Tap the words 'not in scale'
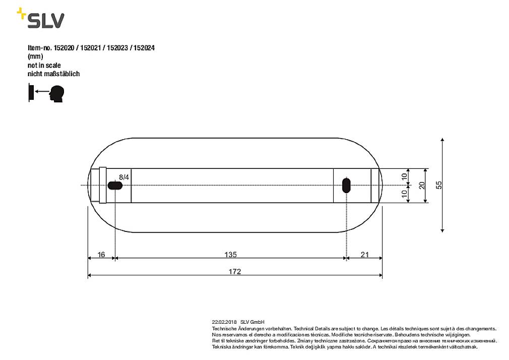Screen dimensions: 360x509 [x=44, y=65]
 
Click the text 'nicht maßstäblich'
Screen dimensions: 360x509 [x=53, y=74]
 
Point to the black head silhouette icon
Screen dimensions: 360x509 [x=57, y=94]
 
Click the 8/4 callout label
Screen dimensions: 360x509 [x=124, y=177]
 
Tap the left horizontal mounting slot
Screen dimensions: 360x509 [x=115, y=186]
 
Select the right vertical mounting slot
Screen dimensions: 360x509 [x=346, y=186]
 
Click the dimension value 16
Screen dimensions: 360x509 [x=101, y=255]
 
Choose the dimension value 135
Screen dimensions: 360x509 [x=230, y=255]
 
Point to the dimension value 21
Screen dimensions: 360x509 [x=364, y=255]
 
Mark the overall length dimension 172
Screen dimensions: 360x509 [x=234, y=271]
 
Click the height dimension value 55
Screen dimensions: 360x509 [x=438, y=185]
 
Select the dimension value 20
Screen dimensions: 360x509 [x=422, y=186]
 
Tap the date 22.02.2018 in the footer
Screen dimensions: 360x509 [x=224, y=322]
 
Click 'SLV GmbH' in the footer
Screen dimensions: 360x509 [x=252, y=322]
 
